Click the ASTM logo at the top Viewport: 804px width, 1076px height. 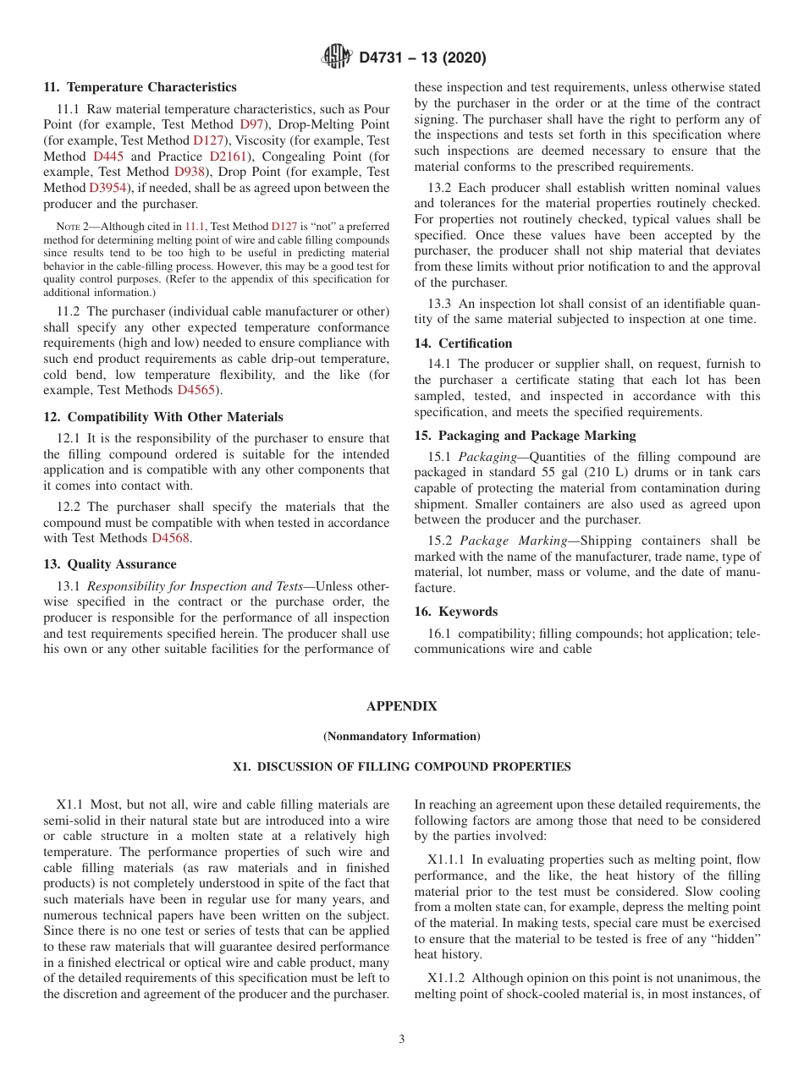[x=337, y=58]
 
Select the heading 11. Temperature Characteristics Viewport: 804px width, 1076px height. [x=140, y=87]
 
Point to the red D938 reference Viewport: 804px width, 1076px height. [x=190, y=172]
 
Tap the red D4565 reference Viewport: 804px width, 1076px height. [x=196, y=390]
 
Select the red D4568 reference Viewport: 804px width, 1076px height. [x=170, y=538]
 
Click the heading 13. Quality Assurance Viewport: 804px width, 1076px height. [x=110, y=564]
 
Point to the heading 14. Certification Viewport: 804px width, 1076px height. [x=463, y=343]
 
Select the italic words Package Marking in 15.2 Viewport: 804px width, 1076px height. [x=513, y=541]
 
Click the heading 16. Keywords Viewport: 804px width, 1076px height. [x=455, y=612]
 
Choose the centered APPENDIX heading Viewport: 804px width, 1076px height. [x=401, y=706]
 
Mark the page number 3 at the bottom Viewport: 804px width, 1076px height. [x=402, y=1040]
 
